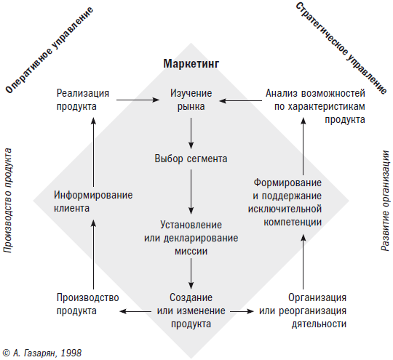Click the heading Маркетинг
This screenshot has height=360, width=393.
coord(191,64)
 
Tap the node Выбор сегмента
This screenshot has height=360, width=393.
coord(191,159)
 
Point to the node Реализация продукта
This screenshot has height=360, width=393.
coord(83,100)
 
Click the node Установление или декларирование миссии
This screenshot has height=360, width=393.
coord(191,238)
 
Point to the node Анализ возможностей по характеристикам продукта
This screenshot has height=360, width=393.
coord(315,106)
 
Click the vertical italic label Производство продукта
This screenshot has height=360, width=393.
coord(8,200)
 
